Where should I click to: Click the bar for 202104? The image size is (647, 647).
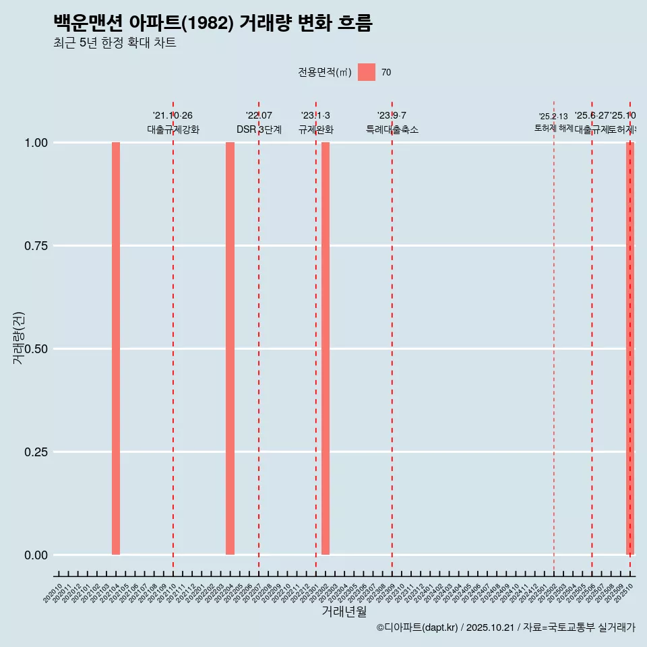[116, 348]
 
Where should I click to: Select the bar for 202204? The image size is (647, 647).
[230, 348]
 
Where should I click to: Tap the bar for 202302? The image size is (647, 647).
[326, 348]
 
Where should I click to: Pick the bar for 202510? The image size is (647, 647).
[630, 348]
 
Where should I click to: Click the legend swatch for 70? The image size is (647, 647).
[367, 72]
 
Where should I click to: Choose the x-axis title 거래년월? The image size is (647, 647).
[344, 611]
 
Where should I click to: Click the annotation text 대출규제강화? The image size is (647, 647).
[173, 129]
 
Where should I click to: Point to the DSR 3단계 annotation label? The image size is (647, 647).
[259, 129]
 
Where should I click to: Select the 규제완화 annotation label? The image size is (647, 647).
[316, 129]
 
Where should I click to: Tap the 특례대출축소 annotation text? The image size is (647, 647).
[392, 129]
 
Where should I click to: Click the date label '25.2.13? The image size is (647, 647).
[553, 117]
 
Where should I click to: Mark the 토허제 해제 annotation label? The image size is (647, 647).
[553, 128]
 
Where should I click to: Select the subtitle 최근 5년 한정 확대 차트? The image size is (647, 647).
[115, 43]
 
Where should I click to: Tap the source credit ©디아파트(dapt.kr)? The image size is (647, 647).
[418, 627]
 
